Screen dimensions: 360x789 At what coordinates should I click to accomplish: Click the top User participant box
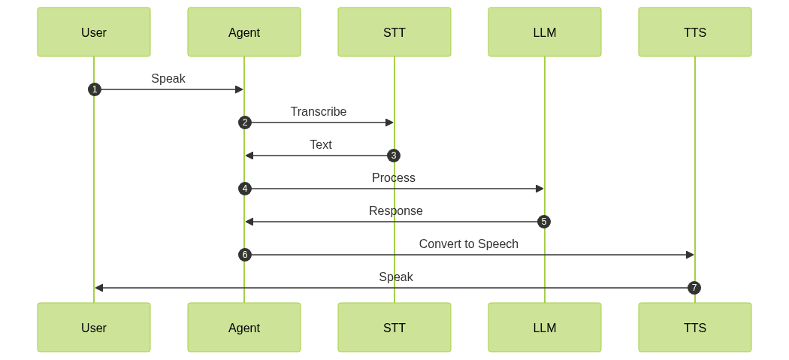coord(94,32)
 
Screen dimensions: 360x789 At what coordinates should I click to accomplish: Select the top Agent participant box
coord(244,32)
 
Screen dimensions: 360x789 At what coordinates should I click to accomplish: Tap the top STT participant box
coord(394,32)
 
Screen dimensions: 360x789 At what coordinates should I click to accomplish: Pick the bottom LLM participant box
coord(545,328)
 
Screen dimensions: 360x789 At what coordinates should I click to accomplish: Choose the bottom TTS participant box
coord(695,328)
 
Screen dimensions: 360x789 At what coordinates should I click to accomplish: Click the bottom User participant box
coord(94,328)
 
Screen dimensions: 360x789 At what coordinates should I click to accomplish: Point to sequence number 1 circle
coord(94,89)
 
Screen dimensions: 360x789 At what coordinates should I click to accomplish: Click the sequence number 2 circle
coord(244,123)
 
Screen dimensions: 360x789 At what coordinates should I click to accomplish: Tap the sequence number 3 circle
coord(394,156)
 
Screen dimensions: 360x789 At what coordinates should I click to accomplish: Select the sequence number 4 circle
coord(244,189)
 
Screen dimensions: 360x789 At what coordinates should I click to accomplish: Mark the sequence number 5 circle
coord(544,222)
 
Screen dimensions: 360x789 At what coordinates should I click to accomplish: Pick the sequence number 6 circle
coord(244,255)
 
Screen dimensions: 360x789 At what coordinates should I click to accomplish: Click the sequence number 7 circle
coord(694,288)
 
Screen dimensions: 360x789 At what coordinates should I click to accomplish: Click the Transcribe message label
coord(319,111)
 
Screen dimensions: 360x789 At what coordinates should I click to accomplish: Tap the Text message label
coord(320,144)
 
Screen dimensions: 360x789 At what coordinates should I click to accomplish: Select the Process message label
coord(394,177)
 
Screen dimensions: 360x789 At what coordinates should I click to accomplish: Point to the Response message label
coord(395,210)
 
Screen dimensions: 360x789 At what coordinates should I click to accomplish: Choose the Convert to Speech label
coord(469,244)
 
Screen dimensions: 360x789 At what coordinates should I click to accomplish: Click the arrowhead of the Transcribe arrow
coord(389,123)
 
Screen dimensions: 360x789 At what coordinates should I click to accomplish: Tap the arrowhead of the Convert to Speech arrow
coord(690,255)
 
